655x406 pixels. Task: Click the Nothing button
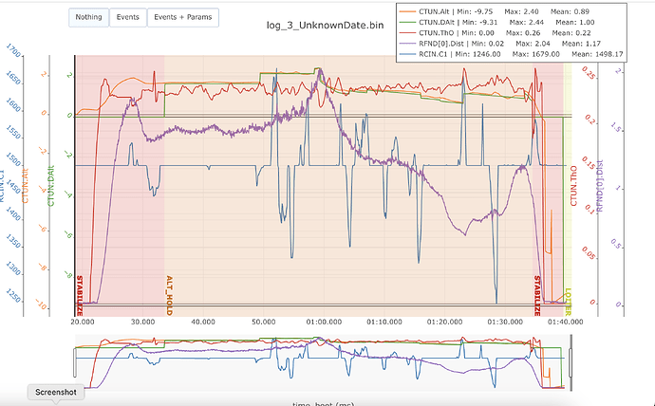(x=89, y=17)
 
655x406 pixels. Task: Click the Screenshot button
(x=55, y=391)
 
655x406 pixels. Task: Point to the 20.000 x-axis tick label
(x=84, y=321)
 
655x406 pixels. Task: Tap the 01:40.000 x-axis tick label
(x=559, y=321)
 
